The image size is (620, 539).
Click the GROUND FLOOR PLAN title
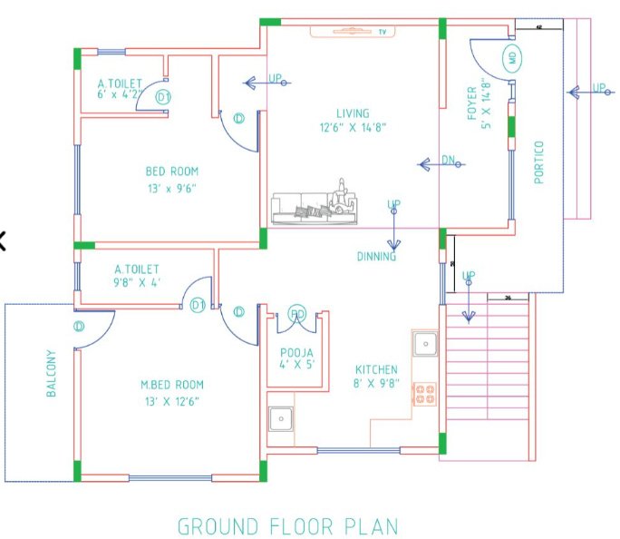coord(286,525)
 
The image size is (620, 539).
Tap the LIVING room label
coord(354,113)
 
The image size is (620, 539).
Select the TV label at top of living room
coord(383,33)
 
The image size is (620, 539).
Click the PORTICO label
coord(539,162)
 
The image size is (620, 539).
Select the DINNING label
coord(376,257)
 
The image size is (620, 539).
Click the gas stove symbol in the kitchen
coord(425,393)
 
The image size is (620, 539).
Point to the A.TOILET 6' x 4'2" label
coord(120,88)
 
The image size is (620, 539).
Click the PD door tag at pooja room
coord(296,314)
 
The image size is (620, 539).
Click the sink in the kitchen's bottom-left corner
coord(281,418)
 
